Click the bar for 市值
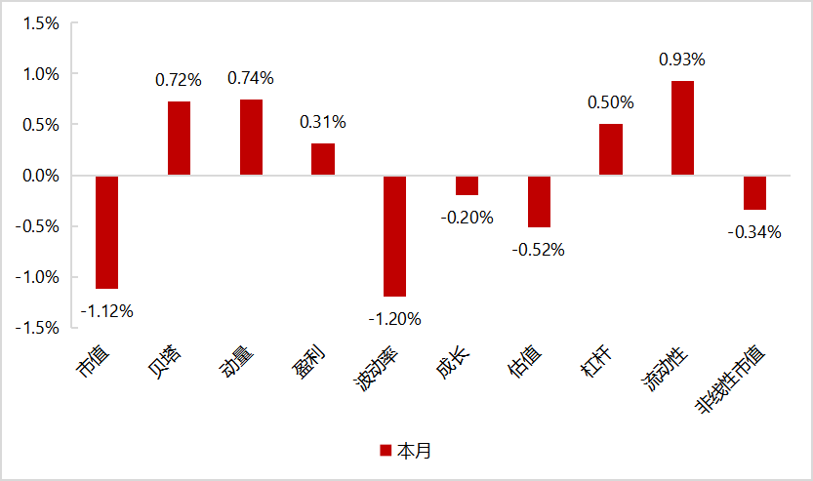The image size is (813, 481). tap(107, 232)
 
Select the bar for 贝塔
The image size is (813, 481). tap(179, 139)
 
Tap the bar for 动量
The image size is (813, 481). tap(251, 138)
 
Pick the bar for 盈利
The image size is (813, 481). tap(323, 159)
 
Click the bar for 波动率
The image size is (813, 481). tap(394, 236)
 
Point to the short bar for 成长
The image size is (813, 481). tap(467, 185)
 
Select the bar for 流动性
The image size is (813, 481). tap(682, 128)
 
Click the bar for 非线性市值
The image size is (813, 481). tap(754, 193)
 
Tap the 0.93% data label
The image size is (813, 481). tap(682, 60)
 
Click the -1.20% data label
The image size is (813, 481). tap(394, 318)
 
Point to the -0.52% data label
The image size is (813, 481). tap(539, 250)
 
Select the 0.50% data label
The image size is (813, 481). tap(610, 102)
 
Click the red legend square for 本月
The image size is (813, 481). tap(386, 451)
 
